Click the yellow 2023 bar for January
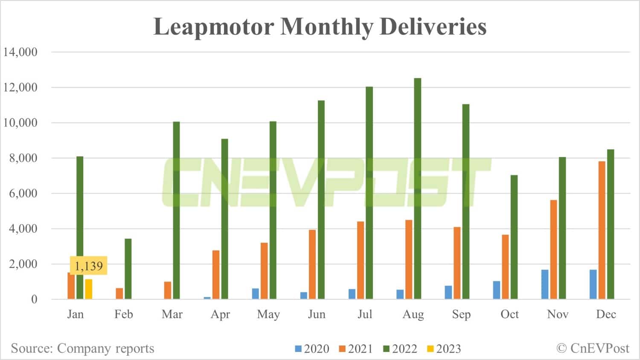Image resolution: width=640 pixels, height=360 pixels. tap(88, 289)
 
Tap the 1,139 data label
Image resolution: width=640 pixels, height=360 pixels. tap(89, 266)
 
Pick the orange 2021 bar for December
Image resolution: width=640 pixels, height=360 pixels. tap(602, 230)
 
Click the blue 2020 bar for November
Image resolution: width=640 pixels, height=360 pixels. tap(545, 284)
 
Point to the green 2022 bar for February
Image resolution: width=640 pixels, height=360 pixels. tap(128, 269)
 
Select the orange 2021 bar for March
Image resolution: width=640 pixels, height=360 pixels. tap(168, 290)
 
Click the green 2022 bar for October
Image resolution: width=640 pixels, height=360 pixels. tap(514, 237)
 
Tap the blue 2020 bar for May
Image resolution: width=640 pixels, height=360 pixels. tap(255, 293)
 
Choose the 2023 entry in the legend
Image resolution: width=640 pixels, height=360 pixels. tap(444, 349)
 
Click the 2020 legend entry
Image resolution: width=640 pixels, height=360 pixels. tap(312, 349)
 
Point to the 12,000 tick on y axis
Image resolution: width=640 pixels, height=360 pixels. tap(20, 87)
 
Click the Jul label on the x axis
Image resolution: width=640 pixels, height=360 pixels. tap(365, 314)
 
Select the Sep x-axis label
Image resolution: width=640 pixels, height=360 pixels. tap(461, 314)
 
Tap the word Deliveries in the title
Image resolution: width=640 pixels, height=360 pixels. tap(433, 26)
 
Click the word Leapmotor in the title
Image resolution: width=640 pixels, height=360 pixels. tap(214, 26)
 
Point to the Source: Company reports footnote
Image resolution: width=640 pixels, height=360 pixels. tap(82, 348)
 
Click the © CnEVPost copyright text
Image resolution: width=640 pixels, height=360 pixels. tap(593, 348)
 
